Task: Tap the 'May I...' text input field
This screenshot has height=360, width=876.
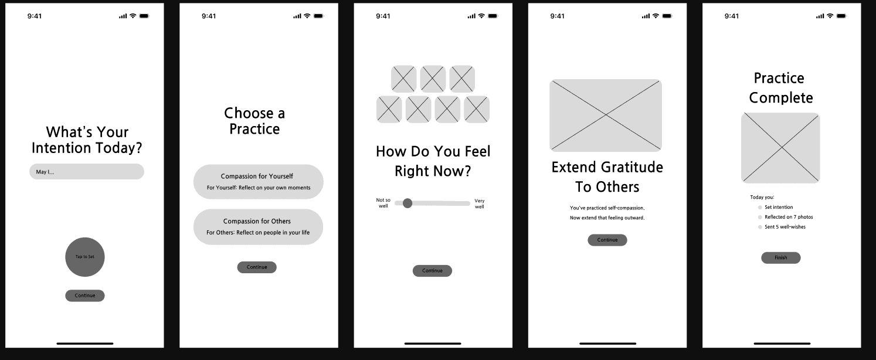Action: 86,172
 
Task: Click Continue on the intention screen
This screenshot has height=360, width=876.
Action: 85,296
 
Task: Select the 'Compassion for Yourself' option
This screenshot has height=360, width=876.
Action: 258,182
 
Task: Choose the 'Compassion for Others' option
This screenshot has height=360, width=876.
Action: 258,227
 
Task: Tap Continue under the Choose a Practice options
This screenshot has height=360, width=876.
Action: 257,267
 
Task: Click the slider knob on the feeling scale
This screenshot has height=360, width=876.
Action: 408,203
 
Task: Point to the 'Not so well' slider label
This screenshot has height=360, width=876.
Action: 383,203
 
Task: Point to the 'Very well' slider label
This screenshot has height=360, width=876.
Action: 480,203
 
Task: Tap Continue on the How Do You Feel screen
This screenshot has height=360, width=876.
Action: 432,271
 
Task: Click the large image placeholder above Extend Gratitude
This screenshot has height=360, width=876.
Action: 606,116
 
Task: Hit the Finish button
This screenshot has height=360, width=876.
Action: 781,258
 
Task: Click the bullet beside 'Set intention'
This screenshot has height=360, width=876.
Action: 760,208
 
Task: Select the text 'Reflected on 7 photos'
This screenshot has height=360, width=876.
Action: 789,217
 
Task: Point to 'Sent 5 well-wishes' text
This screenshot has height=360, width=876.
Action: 785,227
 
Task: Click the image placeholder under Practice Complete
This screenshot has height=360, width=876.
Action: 780,148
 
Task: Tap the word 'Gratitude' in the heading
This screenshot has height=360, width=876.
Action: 630,168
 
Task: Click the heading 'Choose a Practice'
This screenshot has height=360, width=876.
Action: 254,121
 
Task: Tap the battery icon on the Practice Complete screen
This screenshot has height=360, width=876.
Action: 841,16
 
